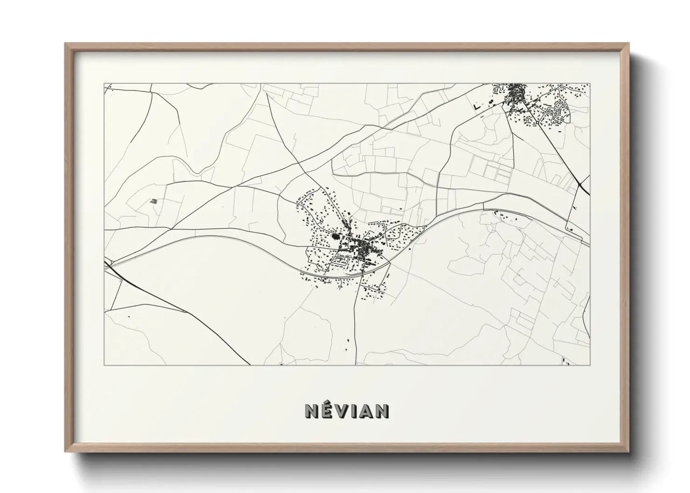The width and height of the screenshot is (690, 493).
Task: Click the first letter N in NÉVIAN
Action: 311,411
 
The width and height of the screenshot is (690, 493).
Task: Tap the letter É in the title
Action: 328,411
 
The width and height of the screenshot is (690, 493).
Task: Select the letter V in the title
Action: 343,411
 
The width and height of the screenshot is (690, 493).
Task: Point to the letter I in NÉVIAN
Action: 355,411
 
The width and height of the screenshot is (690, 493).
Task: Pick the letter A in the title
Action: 367,411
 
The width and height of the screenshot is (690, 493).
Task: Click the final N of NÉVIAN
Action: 383,411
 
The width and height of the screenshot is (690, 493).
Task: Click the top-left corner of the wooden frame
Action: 65,44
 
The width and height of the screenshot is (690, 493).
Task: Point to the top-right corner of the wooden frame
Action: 628,44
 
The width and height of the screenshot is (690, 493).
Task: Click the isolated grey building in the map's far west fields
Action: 154,201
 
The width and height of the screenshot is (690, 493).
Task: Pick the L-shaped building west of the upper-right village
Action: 477,107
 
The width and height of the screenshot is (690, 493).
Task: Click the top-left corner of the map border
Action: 104,84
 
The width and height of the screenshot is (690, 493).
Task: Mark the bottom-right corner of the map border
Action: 590,365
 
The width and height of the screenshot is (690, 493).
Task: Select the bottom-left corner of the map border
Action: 104,365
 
